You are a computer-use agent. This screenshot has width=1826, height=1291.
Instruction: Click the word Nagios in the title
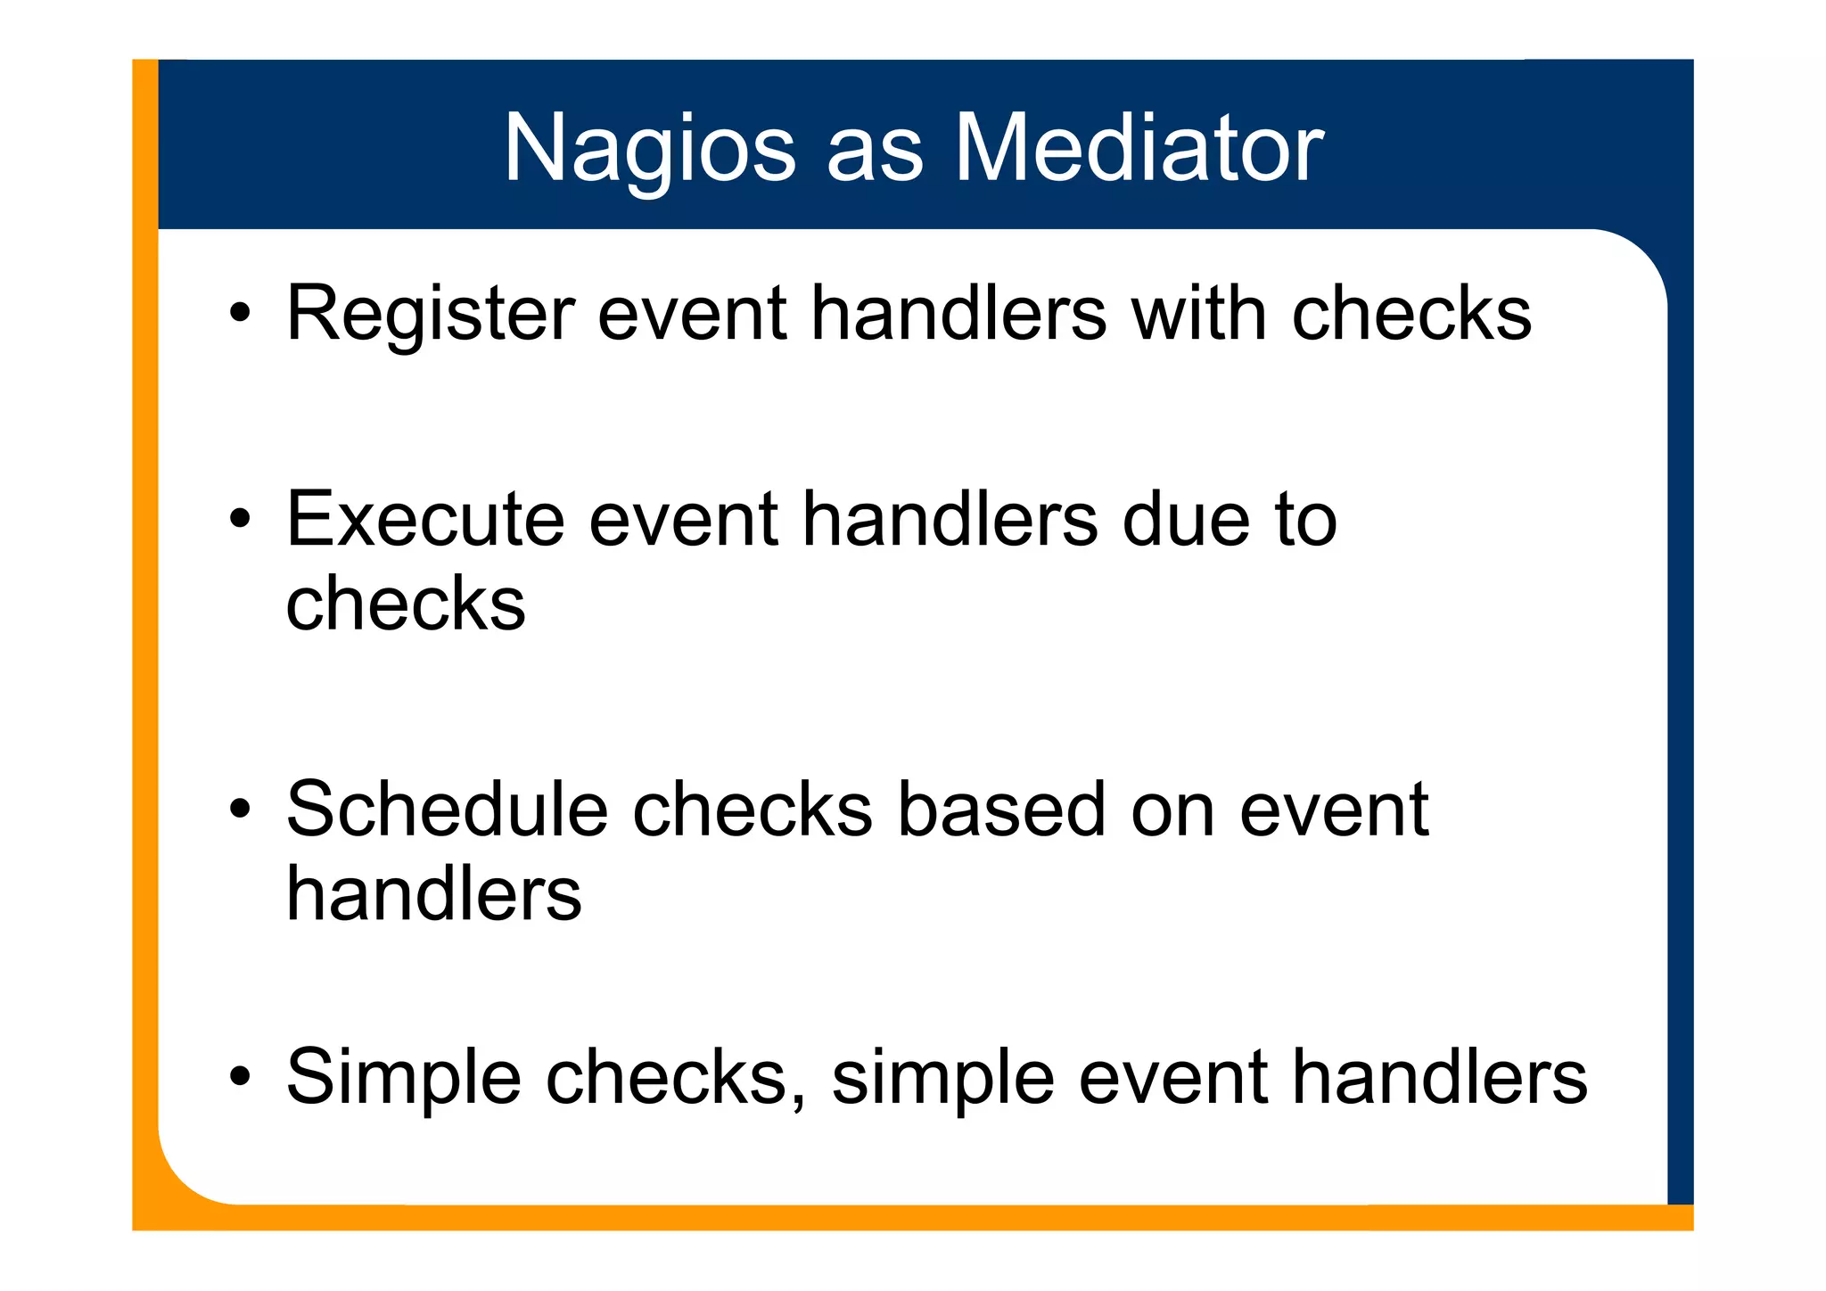pos(649,150)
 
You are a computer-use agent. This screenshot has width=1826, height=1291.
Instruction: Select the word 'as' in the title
pos(874,156)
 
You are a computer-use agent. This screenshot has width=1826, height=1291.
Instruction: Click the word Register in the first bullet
pos(430,315)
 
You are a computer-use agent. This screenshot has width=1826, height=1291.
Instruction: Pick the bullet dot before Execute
pos(239,519)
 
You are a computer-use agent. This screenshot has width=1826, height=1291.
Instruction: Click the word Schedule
pos(446,810)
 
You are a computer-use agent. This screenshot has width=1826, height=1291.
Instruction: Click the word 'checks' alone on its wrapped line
pos(405,604)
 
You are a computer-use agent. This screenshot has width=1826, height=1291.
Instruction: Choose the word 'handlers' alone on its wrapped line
pos(433,893)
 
